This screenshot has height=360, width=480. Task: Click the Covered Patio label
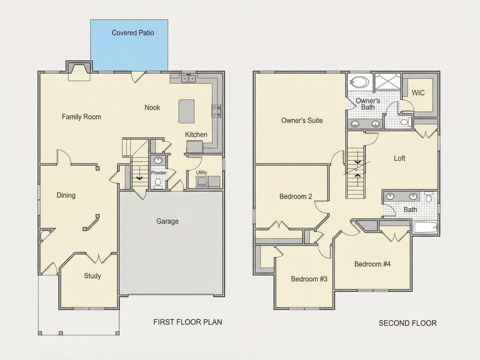pyautogui.click(x=133, y=33)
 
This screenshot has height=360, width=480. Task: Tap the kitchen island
pyautogui.click(x=186, y=111)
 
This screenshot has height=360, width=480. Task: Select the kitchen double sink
pyautogui.click(x=189, y=79)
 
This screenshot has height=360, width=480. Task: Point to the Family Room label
pyautogui.click(x=82, y=117)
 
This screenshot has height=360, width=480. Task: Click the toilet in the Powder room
pyautogui.click(x=158, y=183)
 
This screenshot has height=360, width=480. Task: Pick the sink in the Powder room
pyautogui.click(x=158, y=161)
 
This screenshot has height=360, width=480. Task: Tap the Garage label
pyautogui.click(x=168, y=221)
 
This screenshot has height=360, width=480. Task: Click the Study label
pyautogui.click(x=93, y=276)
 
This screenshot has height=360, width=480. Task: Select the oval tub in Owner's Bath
pyautogui.click(x=360, y=82)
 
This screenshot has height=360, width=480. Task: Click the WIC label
pyautogui.click(x=418, y=93)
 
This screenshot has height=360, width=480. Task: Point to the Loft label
pyautogui.click(x=399, y=158)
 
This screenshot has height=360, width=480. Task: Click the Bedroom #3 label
pyautogui.click(x=309, y=279)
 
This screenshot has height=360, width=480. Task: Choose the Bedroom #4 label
pyautogui.click(x=372, y=264)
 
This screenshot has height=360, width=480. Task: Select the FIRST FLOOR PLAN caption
pyautogui.click(x=188, y=322)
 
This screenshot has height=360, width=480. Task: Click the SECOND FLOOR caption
pyautogui.click(x=408, y=323)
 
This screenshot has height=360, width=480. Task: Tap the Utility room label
pyautogui.click(x=202, y=173)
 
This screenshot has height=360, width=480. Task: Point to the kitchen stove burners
pyautogui.click(x=216, y=111)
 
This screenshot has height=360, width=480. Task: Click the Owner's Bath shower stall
pyautogui.click(x=387, y=82)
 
